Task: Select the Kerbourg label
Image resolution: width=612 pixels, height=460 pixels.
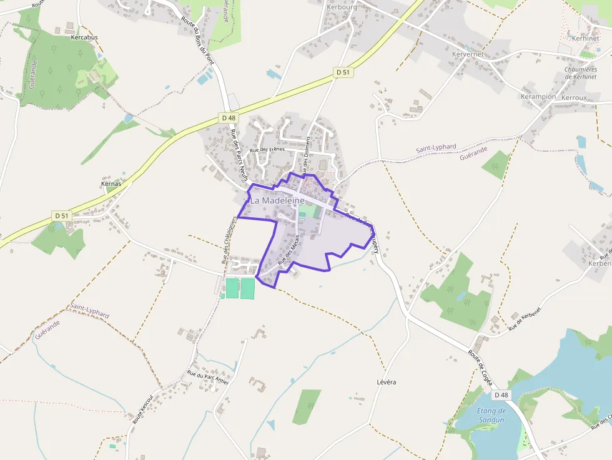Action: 341,7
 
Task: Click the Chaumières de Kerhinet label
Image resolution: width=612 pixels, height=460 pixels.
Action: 581,73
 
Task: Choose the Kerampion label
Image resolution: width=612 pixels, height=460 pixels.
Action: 538,97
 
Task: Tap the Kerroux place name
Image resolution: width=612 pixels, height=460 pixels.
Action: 575,98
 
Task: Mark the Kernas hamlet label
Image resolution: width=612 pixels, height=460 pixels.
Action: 111,184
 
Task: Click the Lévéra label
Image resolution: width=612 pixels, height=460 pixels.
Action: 387,381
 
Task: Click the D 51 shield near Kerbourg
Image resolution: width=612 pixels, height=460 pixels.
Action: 342,72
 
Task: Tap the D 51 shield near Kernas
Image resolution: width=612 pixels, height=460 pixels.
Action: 61,215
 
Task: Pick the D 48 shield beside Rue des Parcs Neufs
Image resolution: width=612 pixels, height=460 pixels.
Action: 229,117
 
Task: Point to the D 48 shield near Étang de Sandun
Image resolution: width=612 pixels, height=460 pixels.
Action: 501,395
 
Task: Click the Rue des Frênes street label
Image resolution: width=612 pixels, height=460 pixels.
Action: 267,150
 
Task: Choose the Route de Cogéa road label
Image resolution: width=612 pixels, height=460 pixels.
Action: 480,368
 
